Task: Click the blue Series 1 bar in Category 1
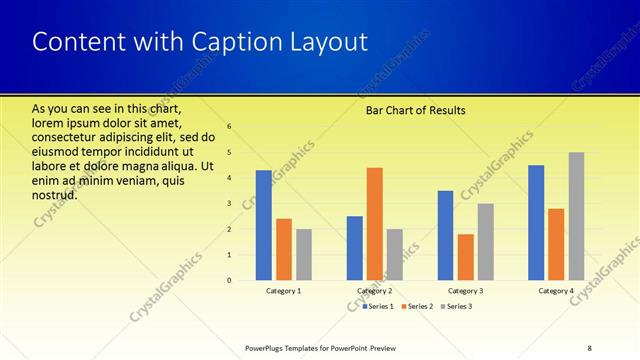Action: [x=264, y=225]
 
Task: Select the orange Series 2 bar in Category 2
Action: [x=374, y=224]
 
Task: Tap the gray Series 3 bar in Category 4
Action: [x=576, y=216]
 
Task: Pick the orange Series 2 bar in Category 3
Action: [x=465, y=257]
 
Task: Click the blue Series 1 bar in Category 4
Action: [x=536, y=222]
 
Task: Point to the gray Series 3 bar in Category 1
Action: [x=304, y=254]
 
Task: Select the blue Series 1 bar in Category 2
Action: [x=355, y=248]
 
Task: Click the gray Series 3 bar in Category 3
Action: [x=485, y=242]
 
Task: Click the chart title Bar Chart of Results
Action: [x=415, y=110]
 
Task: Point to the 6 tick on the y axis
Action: [x=229, y=127]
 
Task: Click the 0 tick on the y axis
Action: [x=229, y=280]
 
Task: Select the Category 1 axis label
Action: [x=284, y=291]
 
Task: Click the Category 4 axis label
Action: [x=556, y=291]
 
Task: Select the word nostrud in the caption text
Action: [x=55, y=194]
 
